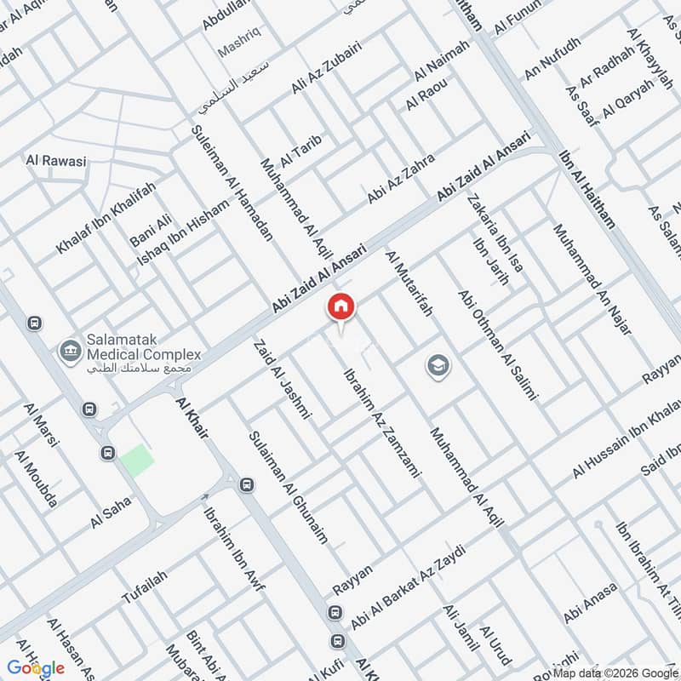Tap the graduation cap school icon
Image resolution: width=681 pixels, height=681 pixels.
tap(438, 366)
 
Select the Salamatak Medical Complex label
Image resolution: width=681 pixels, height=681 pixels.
tap(140, 354)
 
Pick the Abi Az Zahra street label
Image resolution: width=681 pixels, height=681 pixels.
tap(401, 179)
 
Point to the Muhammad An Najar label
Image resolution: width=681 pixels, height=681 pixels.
tap(592, 278)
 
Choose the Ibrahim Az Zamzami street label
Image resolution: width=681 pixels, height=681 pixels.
tap(381, 422)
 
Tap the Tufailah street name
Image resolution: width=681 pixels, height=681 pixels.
tap(144, 587)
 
